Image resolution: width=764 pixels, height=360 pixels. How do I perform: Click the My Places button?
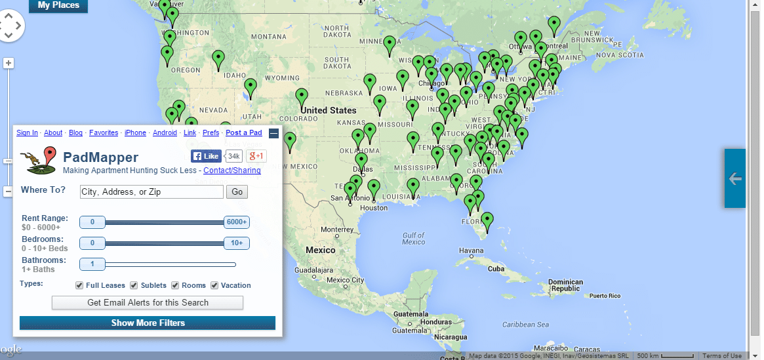point(58,5)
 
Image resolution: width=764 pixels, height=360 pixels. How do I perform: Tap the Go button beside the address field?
point(237,192)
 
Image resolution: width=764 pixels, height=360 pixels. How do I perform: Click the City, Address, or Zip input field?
point(151,192)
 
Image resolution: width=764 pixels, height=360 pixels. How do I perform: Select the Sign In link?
point(27,132)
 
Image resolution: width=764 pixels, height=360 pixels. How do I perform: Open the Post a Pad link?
point(243,132)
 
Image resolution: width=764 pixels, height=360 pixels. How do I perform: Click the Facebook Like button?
point(206,156)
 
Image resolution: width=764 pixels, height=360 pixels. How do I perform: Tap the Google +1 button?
point(256,156)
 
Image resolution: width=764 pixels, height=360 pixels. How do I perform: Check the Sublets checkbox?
point(134,285)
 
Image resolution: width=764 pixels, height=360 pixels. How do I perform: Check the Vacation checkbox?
point(213,285)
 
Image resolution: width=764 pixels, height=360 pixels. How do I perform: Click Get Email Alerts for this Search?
point(148,303)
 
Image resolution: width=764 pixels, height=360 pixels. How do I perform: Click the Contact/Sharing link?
point(231,170)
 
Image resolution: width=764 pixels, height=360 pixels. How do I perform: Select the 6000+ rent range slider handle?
point(236,222)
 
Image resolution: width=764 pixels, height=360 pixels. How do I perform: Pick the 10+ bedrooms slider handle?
point(236,243)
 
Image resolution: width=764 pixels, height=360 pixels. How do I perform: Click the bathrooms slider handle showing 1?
point(92,264)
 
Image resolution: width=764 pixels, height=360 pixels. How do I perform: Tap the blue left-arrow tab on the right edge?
point(734,178)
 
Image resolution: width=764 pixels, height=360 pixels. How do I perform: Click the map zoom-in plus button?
point(9,64)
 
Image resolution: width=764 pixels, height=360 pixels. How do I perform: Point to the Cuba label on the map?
point(496,269)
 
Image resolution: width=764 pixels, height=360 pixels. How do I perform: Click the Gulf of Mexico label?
point(414,239)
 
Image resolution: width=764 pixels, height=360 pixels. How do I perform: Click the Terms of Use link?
point(722,356)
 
